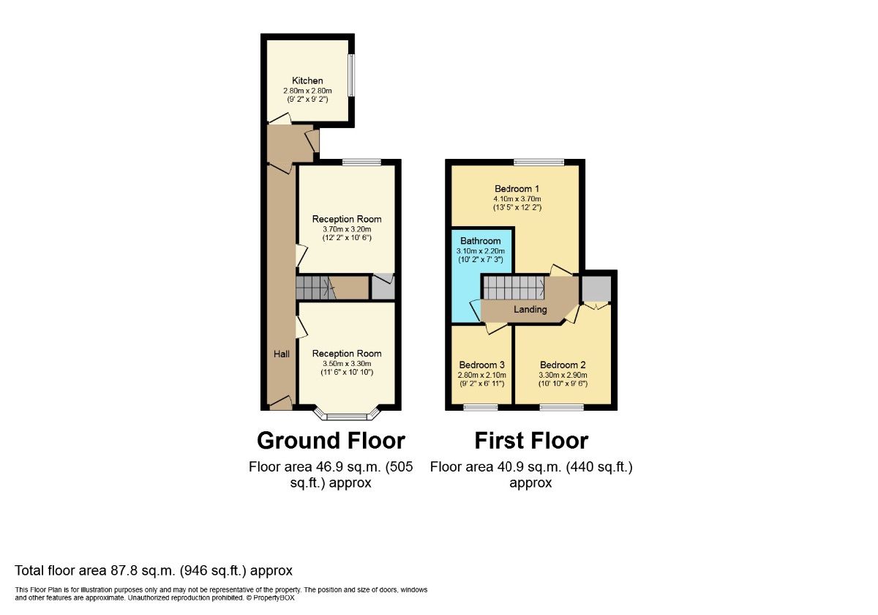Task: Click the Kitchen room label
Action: (307, 81)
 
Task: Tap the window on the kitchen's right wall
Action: (351, 75)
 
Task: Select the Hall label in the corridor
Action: (282, 354)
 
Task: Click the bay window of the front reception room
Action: (347, 416)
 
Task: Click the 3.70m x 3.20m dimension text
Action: (347, 228)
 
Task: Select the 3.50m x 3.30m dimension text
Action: (347, 363)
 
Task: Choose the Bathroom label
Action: (481, 241)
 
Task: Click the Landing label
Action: (530, 310)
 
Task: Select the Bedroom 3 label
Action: (481, 365)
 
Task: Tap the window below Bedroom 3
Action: (481, 407)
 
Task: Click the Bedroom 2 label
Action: (563, 365)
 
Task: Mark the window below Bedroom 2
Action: (562, 407)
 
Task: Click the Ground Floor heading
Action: (331, 441)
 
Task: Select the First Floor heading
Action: (531, 441)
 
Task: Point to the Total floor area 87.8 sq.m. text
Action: (154, 570)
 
